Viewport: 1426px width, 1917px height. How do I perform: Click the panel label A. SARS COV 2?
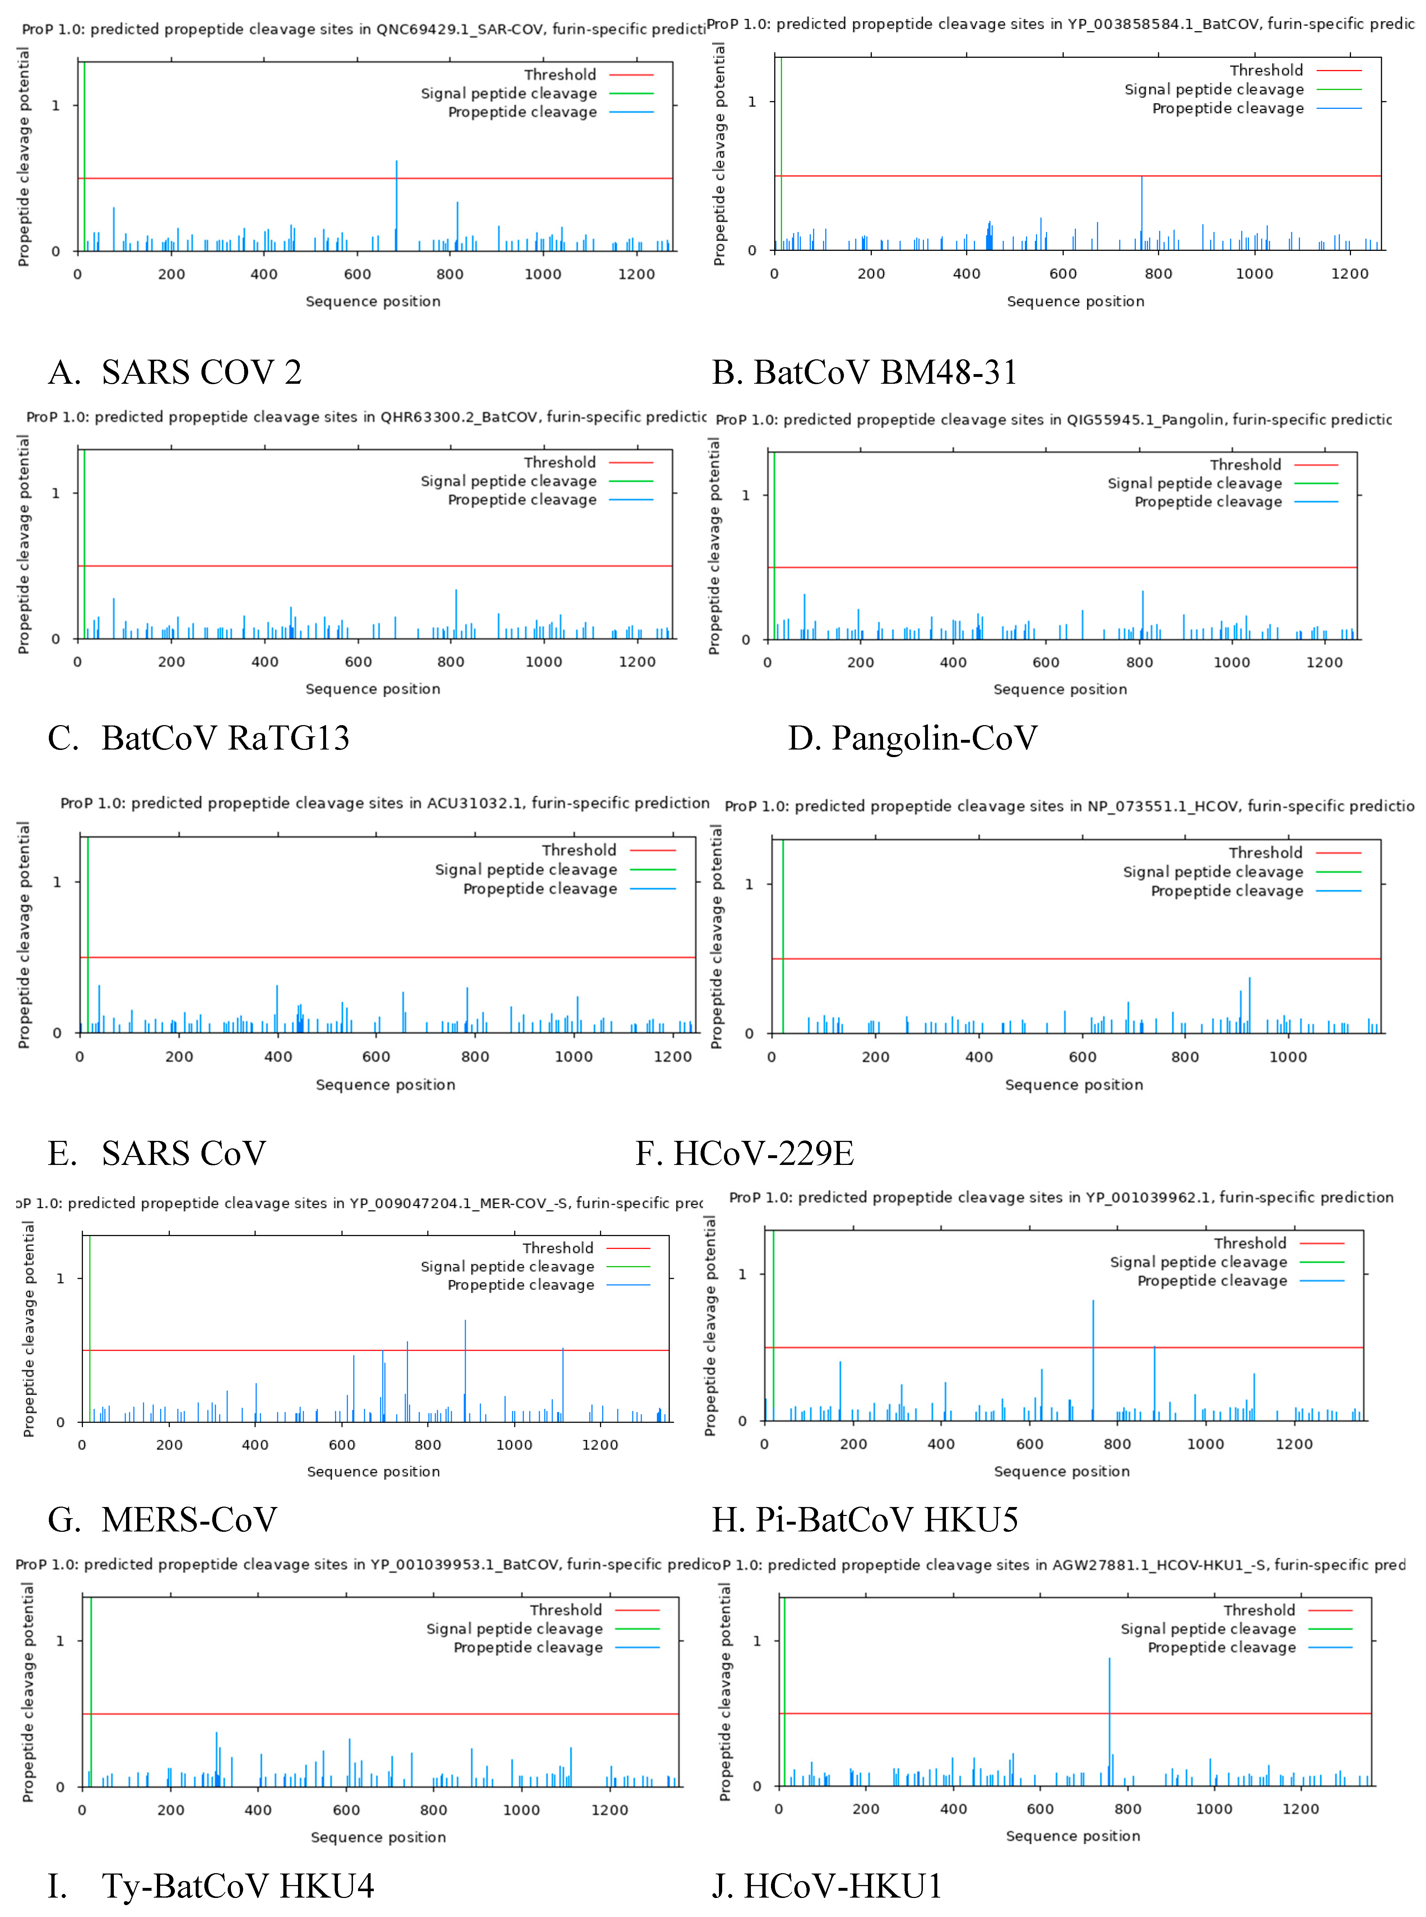(x=175, y=372)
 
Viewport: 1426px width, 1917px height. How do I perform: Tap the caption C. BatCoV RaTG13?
(x=199, y=738)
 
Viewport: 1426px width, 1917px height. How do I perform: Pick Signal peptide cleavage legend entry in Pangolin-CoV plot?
(x=1195, y=484)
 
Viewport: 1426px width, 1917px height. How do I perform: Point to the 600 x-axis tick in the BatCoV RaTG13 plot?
(x=358, y=662)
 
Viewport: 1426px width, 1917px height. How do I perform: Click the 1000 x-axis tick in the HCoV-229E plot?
(x=1288, y=1057)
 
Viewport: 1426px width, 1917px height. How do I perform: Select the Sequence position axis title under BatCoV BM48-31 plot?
(x=1076, y=301)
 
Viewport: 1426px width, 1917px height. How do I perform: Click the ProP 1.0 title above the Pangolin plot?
(x=1053, y=420)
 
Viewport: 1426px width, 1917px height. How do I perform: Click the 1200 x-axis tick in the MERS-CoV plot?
(x=600, y=1444)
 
